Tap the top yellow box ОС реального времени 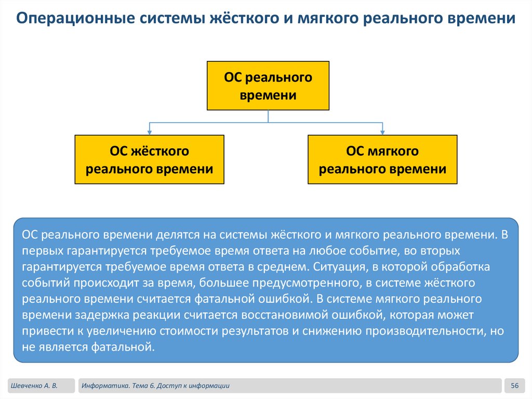click(x=268, y=86)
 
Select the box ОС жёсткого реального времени click(x=150, y=160)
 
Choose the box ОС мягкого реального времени click(x=382, y=160)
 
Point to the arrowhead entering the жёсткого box click(x=150, y=132)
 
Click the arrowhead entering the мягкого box click(x=382, y=132)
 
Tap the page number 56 click(x=515, y=385)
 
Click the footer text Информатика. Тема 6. click(x=123, y=385)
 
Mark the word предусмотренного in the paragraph click(x=299, y=284)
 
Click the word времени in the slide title click(x=480, y=19)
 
